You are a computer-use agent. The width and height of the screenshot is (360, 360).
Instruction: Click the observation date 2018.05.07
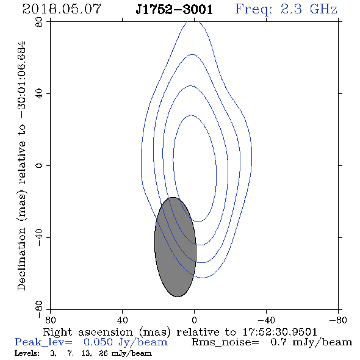62,9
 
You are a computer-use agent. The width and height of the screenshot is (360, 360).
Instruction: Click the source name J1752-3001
175,9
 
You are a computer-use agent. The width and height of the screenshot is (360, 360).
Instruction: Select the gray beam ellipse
175,247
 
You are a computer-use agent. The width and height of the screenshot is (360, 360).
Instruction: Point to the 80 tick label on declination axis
39,22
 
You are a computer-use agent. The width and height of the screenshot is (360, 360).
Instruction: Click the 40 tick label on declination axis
39,94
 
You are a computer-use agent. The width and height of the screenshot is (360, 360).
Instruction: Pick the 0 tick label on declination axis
39,165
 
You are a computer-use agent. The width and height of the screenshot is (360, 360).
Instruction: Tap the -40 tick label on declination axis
39,237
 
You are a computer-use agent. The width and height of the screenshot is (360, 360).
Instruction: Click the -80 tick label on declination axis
39,309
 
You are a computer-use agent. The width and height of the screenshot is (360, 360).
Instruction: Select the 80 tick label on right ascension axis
50,320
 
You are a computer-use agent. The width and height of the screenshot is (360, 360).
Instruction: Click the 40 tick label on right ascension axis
122,320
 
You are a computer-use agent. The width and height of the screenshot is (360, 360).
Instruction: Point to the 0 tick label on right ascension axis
194,320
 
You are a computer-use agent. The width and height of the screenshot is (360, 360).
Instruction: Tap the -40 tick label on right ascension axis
266,320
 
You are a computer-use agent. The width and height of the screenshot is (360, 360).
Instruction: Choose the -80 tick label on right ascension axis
338,320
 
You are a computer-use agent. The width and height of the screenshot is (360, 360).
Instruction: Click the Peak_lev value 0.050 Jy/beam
126,342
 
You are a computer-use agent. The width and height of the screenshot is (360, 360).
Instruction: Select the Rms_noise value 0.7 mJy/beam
311,342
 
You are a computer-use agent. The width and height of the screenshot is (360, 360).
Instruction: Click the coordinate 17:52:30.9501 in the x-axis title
279,332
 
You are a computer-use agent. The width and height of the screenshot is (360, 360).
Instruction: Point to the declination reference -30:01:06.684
22,80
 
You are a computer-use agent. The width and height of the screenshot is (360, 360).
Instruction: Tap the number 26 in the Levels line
103,353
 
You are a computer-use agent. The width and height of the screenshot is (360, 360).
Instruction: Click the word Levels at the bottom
27,353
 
